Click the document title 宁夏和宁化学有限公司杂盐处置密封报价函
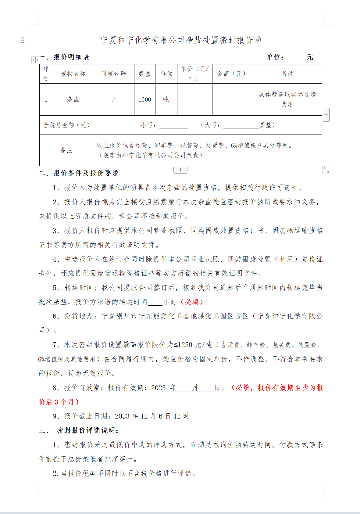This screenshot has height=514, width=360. point(181,40)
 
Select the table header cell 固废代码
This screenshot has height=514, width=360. point(113,74)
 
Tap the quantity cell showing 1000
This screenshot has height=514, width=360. point(144,99)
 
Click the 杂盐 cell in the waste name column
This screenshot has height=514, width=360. point(73,99)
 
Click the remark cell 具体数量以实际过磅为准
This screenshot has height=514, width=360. point(287,99)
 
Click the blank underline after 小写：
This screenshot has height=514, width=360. point(174,125)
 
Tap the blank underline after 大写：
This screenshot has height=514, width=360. point(241,125)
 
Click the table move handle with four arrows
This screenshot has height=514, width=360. point(35,60)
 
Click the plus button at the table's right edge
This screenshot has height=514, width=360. point(326,115)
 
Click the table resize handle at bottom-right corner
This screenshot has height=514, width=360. point(326,170)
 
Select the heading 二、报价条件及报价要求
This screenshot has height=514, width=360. point(79,173)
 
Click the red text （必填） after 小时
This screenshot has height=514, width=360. point(192,302)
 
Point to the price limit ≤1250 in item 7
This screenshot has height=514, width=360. point(183,345)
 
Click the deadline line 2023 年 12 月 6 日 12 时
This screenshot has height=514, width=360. point(152,416)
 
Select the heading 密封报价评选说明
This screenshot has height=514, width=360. point(88,430)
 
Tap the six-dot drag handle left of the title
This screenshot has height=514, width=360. point(23,40)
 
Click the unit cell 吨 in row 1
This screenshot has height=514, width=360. point(166,99)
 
